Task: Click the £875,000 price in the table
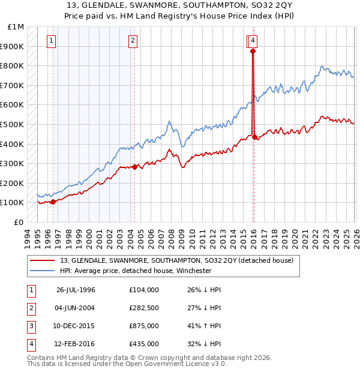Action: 144,327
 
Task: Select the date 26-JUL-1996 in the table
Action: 76,290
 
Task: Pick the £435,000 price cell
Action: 144,344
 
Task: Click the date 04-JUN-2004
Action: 76,308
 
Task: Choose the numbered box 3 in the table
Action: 30,327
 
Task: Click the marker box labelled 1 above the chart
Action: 52,41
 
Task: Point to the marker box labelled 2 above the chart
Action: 132,41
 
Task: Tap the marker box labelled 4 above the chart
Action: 254,41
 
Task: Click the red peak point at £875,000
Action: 253,52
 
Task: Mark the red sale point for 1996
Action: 53,202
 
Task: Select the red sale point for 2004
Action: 134,167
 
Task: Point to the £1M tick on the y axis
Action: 16,27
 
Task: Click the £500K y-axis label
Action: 13,124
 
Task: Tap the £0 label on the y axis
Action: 19,222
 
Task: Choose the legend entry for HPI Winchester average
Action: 136,270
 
